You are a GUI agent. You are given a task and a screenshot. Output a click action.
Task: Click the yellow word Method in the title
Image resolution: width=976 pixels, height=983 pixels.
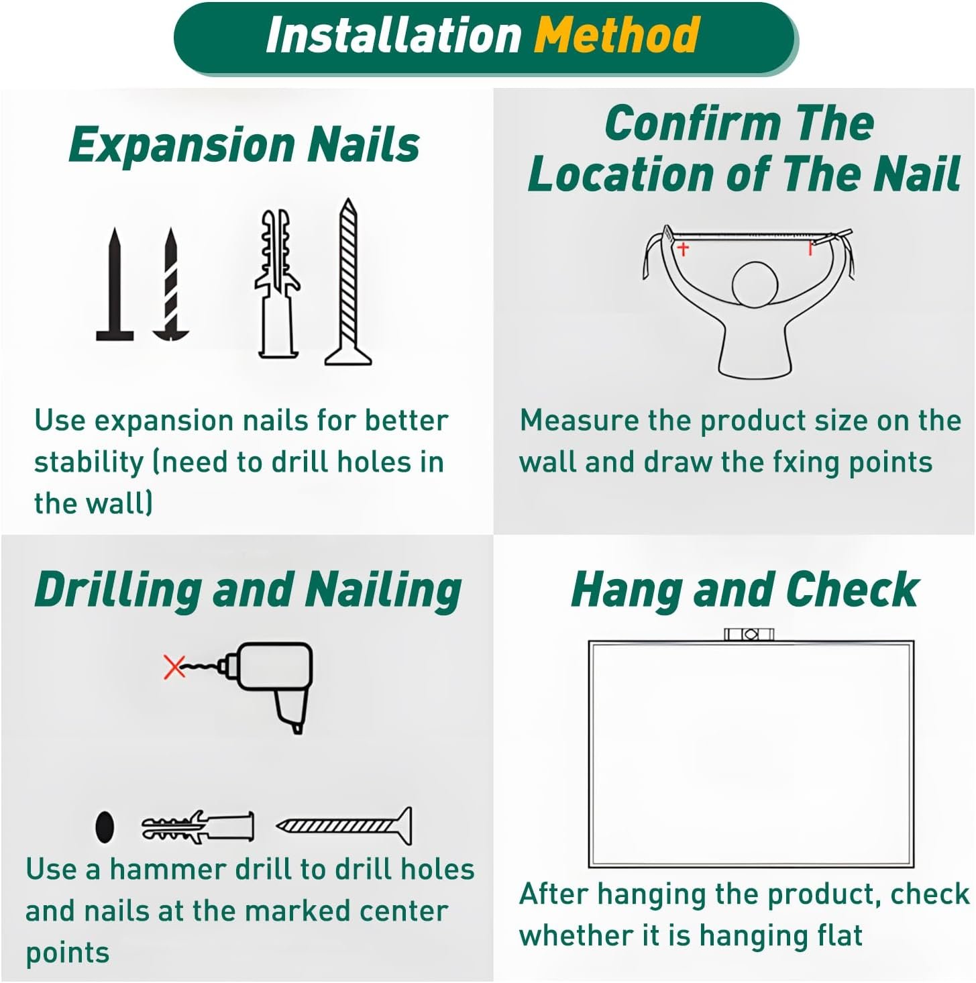coord(616,34)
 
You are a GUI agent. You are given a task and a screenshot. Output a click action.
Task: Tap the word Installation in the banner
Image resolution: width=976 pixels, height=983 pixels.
coord(393,34)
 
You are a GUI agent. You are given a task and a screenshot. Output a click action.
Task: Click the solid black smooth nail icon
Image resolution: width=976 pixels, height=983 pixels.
coord(115,284)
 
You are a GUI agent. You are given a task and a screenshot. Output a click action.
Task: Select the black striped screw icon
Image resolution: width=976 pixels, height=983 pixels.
coord(170,284)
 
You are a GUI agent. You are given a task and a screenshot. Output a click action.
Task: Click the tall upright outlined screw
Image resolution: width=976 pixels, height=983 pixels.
coord(348,282)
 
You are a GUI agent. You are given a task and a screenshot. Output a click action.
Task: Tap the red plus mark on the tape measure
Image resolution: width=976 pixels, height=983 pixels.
coord(683,249)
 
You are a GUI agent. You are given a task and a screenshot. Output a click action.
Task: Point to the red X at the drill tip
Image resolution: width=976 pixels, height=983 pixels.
coord(174,666)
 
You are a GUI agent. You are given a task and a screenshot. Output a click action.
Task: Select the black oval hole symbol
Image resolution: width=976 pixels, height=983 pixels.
coord(105,827)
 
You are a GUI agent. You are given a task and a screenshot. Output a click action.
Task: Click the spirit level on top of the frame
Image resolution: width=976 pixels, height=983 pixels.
coord(749,634)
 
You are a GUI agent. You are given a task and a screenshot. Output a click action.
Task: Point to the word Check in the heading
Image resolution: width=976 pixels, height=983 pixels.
coord(853,590)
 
